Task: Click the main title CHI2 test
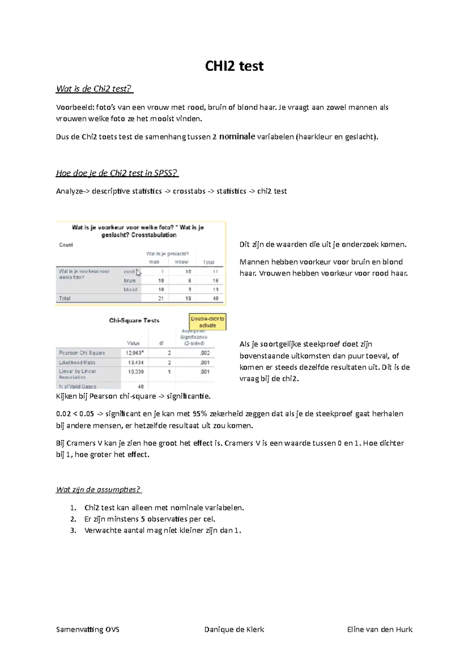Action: [x=234, y=66]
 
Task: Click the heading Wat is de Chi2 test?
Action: [x=94, y=89]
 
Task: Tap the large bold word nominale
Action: [x=237, y=136]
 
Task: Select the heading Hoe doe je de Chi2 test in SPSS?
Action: [x=117, y=173]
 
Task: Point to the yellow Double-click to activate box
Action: [x=207, y=322]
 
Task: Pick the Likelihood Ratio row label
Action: [x=77, y=363]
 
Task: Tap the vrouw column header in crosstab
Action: [x=181, y=262]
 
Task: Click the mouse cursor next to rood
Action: [x=138, y=273]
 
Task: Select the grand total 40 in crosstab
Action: [x=215, y=298]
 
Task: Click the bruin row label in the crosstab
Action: [x=129, y=281]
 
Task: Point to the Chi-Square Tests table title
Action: [x=134, y=320]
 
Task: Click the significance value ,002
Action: [x=205, y=353]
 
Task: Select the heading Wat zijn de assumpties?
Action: [x=98, y=490]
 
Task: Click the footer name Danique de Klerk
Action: [x=234, y=629]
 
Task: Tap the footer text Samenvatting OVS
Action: [x=88, y=629]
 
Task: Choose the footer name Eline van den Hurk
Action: [x=379, y=629]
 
